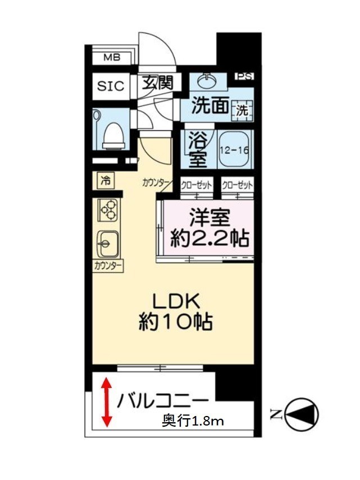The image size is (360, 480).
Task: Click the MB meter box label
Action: [112, 57]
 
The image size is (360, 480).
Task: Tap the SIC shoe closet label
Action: [111, 86]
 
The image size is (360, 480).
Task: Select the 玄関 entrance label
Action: [158, 83]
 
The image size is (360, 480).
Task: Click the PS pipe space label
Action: [245, 76]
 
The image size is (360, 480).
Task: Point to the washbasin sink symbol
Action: [207, 81]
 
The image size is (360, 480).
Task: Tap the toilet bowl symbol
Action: [114, 135]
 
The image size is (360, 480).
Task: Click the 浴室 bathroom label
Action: [198, 149]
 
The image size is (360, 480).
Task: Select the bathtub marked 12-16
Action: [234, 149]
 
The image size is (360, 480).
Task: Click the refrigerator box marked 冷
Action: [106, 181]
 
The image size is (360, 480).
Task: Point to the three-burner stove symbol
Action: [108, 210]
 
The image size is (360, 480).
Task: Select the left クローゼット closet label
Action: [196, 185]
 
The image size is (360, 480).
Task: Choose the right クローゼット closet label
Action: [238, 185]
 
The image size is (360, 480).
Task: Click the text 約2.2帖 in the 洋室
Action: [209, 238]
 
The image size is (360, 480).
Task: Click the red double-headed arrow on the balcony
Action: [106, 402]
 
